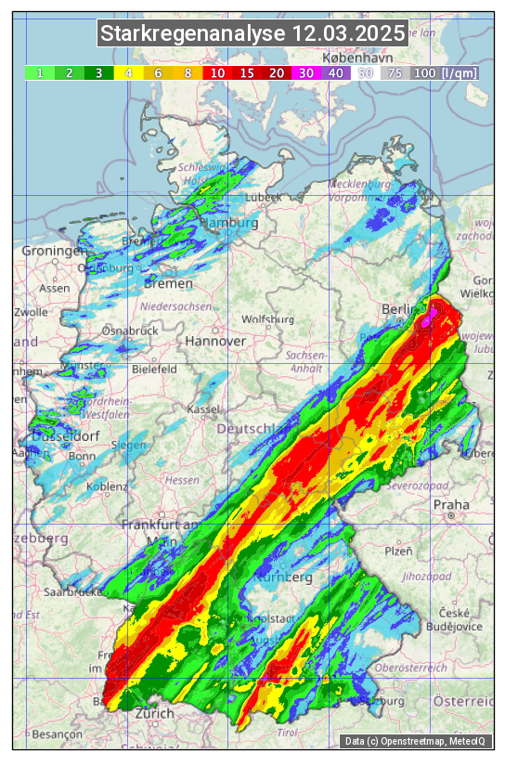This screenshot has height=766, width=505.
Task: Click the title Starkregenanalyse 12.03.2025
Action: [252, 34]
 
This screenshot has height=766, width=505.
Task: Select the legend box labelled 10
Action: [217, 72]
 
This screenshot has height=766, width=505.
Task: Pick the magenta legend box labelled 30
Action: [306, 72]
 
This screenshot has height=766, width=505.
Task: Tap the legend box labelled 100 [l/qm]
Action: [445, 72]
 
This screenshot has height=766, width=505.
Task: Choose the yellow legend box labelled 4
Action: [128, 72]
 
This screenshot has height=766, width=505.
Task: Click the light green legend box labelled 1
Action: [40, 72]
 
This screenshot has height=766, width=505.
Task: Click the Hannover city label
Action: [215, 341]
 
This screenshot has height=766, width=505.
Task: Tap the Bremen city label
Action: [167, 283]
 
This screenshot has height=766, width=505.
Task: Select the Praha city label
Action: [452, 504]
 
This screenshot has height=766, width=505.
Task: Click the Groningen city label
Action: [53, 252]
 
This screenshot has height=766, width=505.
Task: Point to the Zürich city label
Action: [154, 713]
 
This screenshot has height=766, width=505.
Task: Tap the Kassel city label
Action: [202, 409]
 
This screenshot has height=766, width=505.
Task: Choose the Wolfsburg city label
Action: [267, 319]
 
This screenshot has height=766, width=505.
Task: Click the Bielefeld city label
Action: [154, 369]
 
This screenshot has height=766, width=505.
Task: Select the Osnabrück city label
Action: [126, 331]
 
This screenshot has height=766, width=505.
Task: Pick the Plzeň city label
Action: [398, 551]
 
